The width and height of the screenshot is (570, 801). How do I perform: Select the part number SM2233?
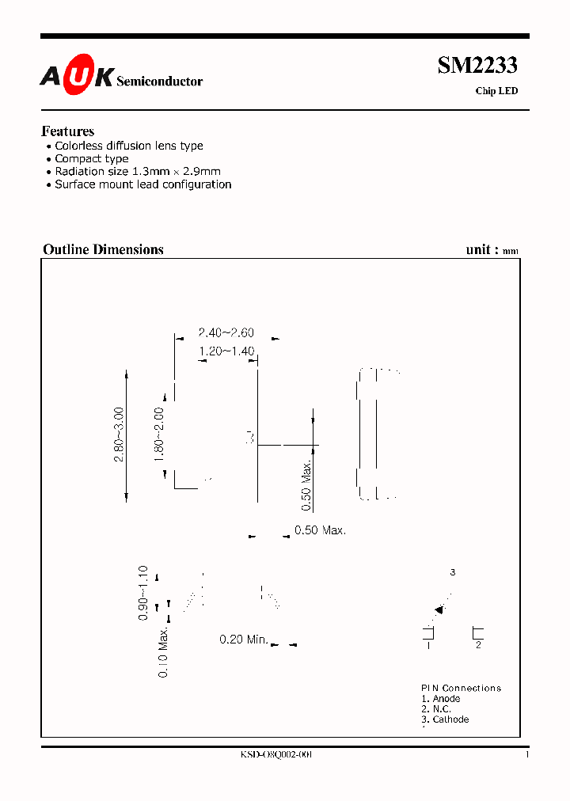pyautogui.click(x=477, y=66)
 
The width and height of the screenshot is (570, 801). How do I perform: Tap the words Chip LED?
pyautogui.click(x=496, y=91)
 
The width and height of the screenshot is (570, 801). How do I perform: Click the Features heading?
pyautogui.click(x=68, y=131)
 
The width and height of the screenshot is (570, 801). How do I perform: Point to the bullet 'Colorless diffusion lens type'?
pyautogui.click(x=128, y=146)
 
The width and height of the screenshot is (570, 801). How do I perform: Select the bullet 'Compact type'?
pyautogui.click(x=91, y=158)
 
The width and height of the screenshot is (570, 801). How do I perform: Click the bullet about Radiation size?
pyautogui.click(x=137, y=171)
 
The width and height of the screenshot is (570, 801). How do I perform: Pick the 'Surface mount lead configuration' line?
pyautogui.click(x=142, y=184)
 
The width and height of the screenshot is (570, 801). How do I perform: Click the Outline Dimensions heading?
pyautogui.click(x=103, y=249)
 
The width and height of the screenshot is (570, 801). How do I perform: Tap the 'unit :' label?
pyautogui.click(x=482, y=249)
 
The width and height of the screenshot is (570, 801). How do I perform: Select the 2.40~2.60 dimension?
pyautogui.click(x=226, y=334)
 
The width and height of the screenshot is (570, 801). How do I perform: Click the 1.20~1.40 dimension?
pyautogui.click(x=226, y=351)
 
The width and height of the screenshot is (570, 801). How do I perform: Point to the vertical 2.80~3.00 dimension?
pyautogui.click(x=119, y=435)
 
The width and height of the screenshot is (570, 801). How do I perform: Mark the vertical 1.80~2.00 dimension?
pyautogui.click(x=159, y=435)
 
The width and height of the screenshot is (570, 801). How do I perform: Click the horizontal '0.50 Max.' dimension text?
pyautogui.click(x=320, y=530)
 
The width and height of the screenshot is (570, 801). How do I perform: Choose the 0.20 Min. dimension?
pyautogui.click(x=244, y=640)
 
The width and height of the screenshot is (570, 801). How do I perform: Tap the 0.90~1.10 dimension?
pyautogui.click(x=143, y=592)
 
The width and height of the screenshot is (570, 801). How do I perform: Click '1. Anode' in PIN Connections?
pyautogui.click(x=441, y=699)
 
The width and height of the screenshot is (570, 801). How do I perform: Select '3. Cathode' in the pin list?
pyautogui.click(x=445, y=719)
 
